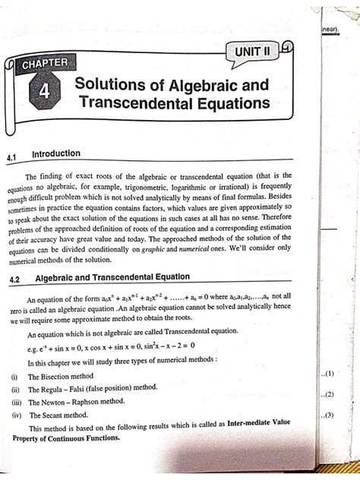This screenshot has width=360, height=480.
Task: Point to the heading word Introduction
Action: point(56,153)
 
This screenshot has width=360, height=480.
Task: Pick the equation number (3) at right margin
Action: point(328,415)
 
